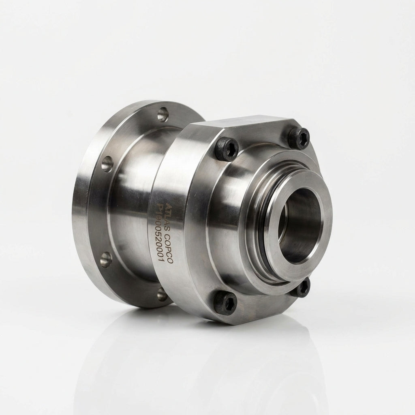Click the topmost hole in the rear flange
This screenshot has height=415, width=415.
tap(163, 114)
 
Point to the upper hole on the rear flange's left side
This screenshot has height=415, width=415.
tap(107, 164)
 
